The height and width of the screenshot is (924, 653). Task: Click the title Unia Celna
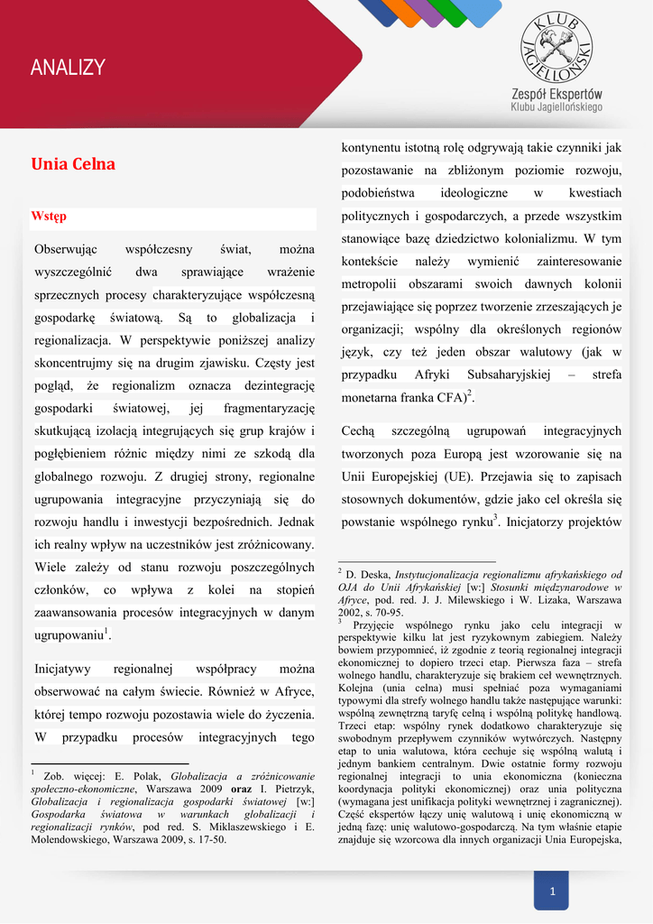[73, 165]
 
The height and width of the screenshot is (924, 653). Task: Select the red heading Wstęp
[49, 217]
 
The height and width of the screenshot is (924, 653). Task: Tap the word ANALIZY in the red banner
[68, 68]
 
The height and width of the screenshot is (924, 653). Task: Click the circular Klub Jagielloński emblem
[556, 45]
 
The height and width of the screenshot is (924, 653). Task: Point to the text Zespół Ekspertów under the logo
[556, 93]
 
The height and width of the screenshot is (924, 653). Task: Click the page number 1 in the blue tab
[552, 892]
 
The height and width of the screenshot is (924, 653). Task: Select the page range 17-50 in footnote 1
[210, 838]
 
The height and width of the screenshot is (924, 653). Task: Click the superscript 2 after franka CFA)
[470, 393]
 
